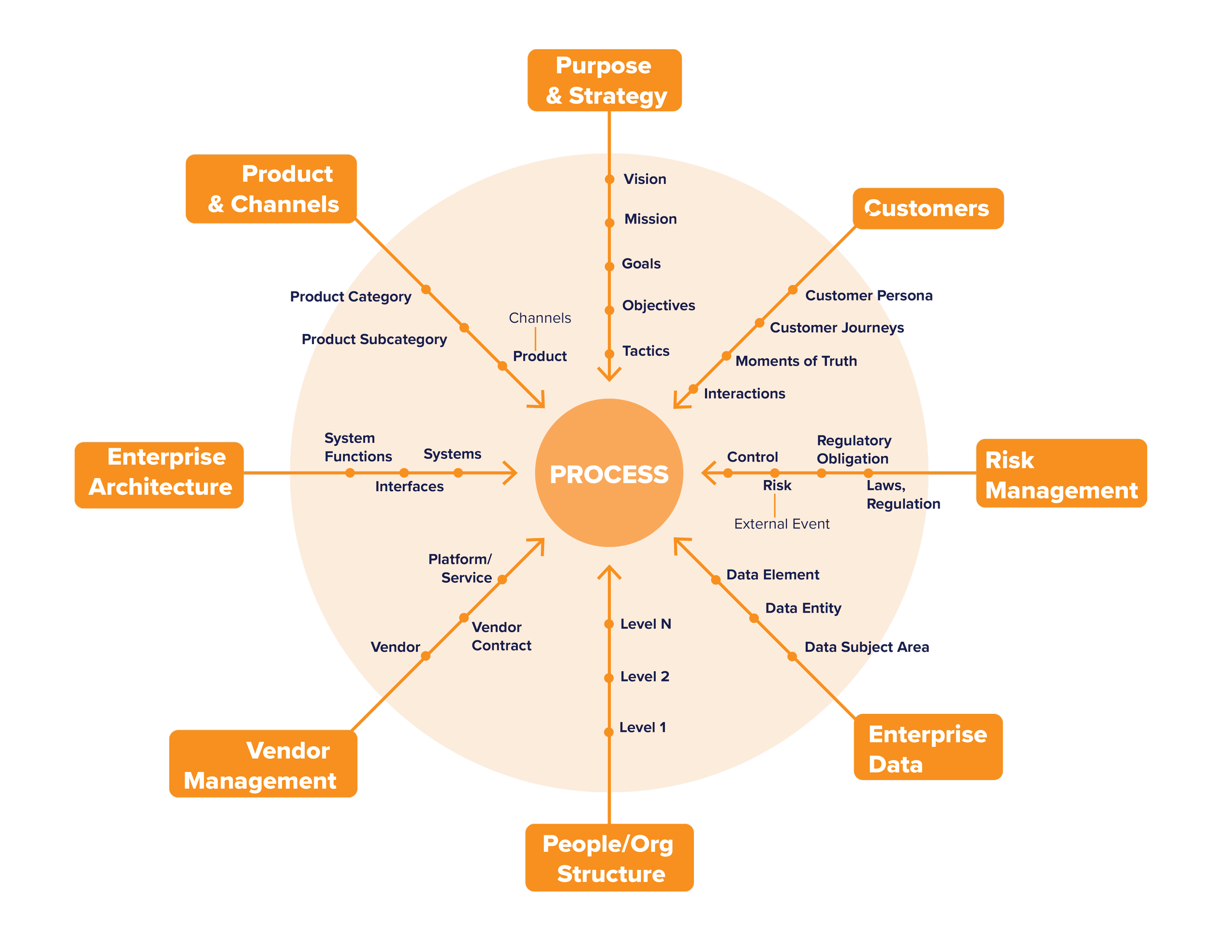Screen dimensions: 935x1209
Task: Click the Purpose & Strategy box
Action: [604, 80]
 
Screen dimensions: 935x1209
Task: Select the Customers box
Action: [928, 208]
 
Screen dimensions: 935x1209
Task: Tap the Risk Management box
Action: [1061, 475]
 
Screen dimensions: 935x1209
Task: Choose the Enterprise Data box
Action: [928, 748]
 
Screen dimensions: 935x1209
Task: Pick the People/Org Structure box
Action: [609, 858]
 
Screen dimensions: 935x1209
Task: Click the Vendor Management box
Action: [263, 764]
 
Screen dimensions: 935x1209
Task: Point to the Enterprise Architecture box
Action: [160, 475]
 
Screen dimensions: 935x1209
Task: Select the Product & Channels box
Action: [271, 189]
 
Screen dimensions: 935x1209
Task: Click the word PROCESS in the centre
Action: [609, 475]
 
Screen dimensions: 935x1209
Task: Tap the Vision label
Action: [645, 179]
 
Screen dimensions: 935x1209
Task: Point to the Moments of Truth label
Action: [796, 361]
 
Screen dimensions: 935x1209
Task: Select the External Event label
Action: [781, 524]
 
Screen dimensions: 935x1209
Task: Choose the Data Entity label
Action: [803, 608]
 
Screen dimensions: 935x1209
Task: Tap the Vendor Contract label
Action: [501, 636]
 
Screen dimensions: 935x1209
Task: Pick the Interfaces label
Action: [409, 486]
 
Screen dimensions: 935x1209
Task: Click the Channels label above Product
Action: [540, 318]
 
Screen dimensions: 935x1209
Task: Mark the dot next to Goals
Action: [609, 267]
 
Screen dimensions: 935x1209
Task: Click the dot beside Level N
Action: [609, 624]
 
